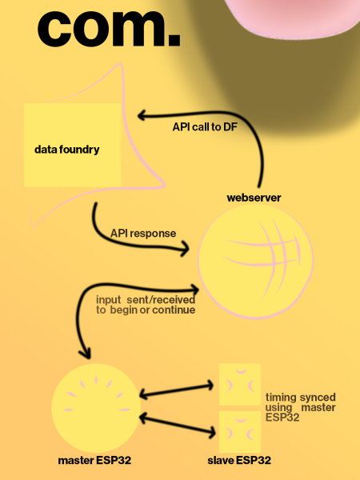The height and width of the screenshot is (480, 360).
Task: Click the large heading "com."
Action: click(109, 29)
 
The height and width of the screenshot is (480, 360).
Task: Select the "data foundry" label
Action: click(66, 150)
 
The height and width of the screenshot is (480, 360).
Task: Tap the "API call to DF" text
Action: click(205, 126)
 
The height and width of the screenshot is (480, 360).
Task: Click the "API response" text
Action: click(143, 234)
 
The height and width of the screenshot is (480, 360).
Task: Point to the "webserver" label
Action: click(254, 198)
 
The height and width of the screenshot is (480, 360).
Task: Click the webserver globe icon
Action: click(256, 262)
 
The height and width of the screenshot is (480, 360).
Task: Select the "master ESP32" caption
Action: click(94, 460)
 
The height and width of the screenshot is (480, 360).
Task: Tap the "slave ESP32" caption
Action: click(239, 460)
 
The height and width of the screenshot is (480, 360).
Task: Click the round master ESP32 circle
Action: click(96, 408)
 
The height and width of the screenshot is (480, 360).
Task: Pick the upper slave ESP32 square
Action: click(240, 385)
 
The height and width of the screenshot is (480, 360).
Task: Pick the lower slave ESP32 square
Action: click(240, 432)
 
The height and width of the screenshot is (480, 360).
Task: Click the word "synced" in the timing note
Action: click(318, 398)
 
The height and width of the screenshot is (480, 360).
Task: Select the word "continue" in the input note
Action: click(174, 310)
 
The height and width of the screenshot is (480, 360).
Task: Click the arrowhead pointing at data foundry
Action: click(142, 116)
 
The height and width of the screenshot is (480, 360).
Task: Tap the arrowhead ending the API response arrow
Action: click(185, 248)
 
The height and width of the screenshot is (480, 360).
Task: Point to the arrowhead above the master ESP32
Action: click(85, 354)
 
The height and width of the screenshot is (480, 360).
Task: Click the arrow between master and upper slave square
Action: click(176, 390)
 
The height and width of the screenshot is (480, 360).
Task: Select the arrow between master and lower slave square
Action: click(178, 425)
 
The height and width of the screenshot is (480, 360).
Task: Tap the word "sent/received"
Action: click(161, 300)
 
